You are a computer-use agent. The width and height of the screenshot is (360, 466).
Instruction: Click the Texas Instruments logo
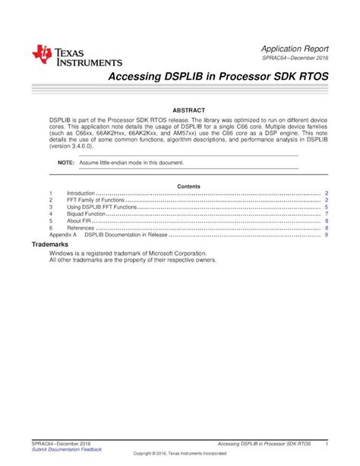point(77,55)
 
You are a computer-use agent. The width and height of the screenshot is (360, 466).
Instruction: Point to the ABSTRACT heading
point(188,110)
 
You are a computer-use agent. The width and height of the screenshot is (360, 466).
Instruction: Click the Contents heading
point(188,186)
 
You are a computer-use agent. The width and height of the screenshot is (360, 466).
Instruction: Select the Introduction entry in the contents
point(81,195)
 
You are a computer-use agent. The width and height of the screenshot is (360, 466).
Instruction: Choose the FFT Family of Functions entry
point(95,201)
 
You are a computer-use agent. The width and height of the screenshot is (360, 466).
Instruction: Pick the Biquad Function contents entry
point(86,214)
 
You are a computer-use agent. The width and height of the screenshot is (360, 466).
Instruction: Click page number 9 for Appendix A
point(326,235)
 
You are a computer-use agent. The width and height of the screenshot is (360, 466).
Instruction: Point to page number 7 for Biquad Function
point(326,214)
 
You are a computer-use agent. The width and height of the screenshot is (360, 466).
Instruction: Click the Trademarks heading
point(49,245)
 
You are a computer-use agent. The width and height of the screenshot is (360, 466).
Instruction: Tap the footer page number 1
point(326,443)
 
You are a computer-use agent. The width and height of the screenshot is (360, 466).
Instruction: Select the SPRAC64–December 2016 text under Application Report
point(295,58)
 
